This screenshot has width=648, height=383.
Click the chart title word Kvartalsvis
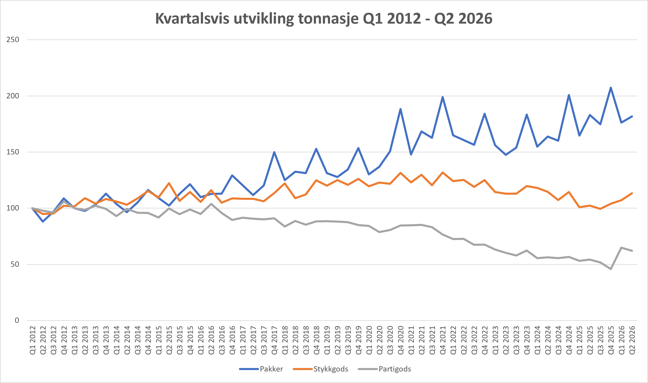click(x=192, y=18)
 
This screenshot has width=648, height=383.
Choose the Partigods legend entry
click(x=384, y=369)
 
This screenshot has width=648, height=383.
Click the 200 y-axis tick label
click(x=13, y=96)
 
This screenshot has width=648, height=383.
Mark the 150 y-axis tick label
click(x=13, y=152)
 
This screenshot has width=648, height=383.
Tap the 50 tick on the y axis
click(x=15, y=264)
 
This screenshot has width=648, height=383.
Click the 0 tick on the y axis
click(x=17, y=320)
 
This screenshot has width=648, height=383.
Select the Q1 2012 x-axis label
click(x=32, y=340)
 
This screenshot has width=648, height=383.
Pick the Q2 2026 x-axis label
click(x=632, y=340)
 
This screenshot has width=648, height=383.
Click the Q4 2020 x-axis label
click(x=400, y=340)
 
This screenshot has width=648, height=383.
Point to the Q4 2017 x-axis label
click(x=274, y=340)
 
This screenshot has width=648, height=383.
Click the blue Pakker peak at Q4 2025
click(x=611, y=87)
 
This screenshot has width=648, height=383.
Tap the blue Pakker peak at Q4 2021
click(x=443, y=97)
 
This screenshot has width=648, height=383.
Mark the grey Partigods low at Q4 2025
click(x=611, y=269)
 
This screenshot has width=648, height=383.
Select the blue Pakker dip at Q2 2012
click(x=43, y=221)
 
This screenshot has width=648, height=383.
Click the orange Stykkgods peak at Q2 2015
click(x=169, y=183)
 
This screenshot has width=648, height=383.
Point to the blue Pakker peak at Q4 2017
click(x=274, y=152)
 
